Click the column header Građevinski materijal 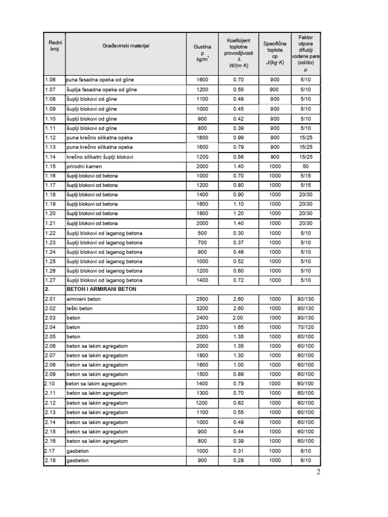pyautogui.click(x=126, y=46)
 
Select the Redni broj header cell pyautogui.click(x=55, y=46)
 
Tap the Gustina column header pyautogui.click(x=202, y=53)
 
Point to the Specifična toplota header pyautogui.click(x=274, y=53)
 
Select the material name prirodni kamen pyautogui.click(x=84, y=166)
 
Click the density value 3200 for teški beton pyautogui.click(x=202, y=308)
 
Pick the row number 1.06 pyautogui.click(x=51, y=80)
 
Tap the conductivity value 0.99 pyautogui.click(x=238, y=137)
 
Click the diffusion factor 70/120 pyautogui.click(x=305, y=327)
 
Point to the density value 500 pyautogui.click(x=202, y=233)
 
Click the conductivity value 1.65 pyautogui.click(x=238, y=327)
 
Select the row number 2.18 pyautogui.click(x=51, y=460)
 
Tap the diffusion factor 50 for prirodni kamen pyautogui.click(x=305, y=166)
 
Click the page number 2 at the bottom pyautogui.click(x=318, y=473)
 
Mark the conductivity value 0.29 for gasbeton pyautogui.click(x=238, y=460)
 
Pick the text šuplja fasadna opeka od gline pyautogui.click(x=102, y=89)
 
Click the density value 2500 pyautogui.click(x=202, y=299)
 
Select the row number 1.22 pyautogui.click(x=51, y=233)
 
